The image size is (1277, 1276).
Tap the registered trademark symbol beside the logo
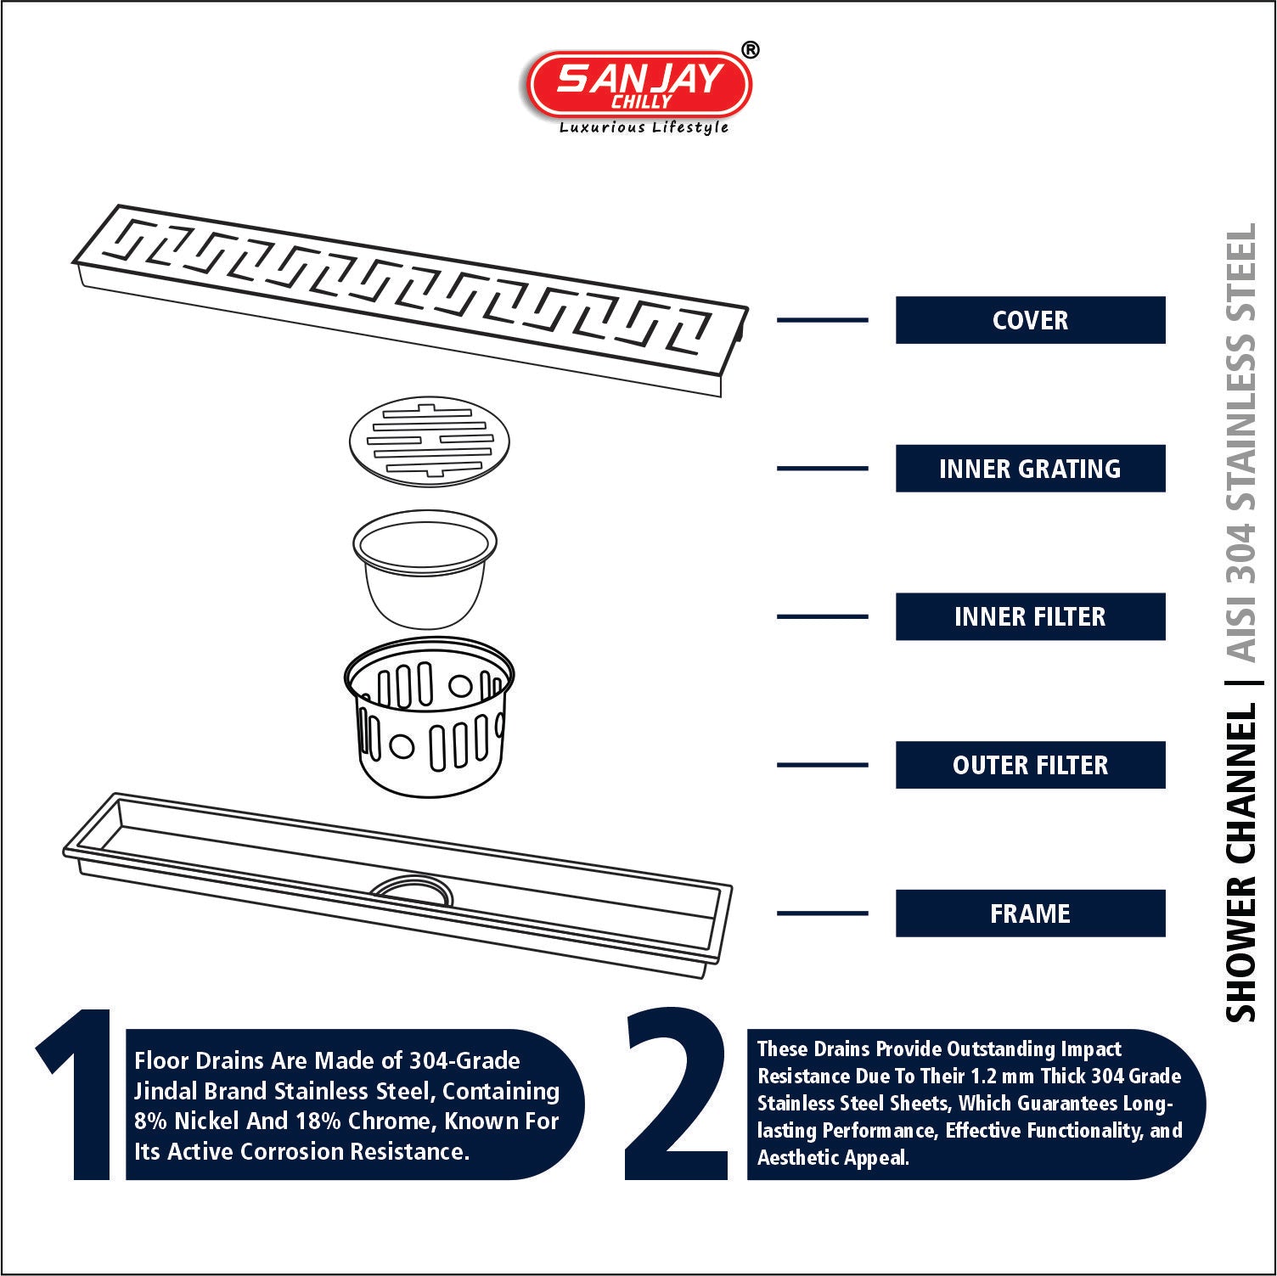(751, 50)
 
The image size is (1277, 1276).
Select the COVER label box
(1030, 320)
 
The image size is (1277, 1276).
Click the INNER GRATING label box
(1030, 469)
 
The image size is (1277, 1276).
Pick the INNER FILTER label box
(1030, 616)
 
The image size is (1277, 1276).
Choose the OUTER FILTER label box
(1030, 765)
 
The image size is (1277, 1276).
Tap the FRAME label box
(1030, 913)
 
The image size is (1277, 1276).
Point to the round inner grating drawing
(430, 441)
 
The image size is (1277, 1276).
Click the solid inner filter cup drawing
(425, 569)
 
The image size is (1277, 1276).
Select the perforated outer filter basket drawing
(429, 717)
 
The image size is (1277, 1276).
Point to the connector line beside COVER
(823, 320)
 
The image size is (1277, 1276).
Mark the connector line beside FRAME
(823, 913)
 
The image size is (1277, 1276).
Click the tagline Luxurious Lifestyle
(644, 127)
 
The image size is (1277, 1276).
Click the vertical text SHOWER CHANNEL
(1240, 863)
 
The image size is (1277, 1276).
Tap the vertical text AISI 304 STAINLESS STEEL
(1240, 443)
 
